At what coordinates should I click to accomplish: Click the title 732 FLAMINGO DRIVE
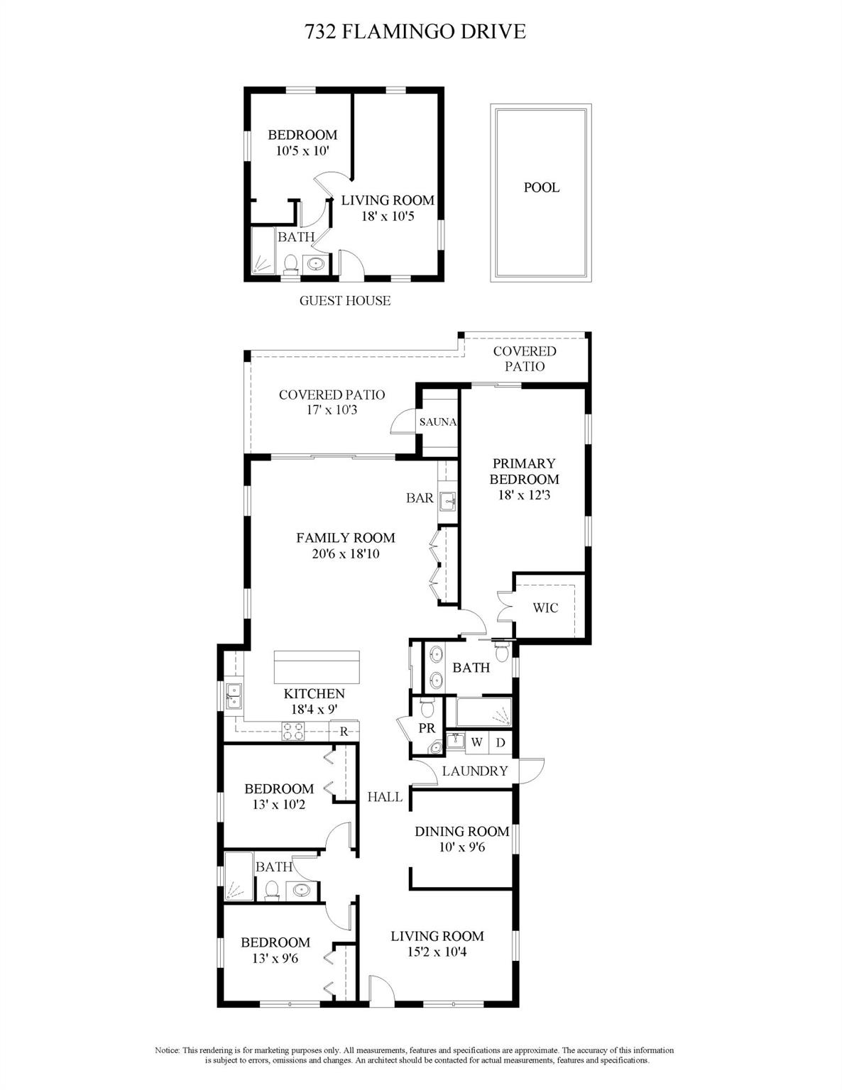[x=415, y=32]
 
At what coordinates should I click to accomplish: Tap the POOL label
[x=542, y=187]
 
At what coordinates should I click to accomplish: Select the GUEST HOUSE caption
[x=345, y=300]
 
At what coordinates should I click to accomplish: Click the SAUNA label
[x=437, y=422]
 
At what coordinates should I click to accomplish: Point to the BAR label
[x=420, y=497]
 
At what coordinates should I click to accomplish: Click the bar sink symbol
[x=447, y=501]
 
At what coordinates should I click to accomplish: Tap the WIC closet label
[x=545, y=607]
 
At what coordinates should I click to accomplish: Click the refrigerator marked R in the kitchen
[x=344, y=732]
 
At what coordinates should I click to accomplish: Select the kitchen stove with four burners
[x=292, y=731]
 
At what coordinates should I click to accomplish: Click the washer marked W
[x=477, y=742]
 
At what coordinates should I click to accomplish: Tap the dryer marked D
[x=501, y=742]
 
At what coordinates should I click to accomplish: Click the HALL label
[x=385, y=796]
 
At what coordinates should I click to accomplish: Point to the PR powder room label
[x=427, y=728]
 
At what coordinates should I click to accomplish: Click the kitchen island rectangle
[x=317, y=666]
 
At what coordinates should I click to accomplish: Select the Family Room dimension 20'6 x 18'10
[x=345, y=554]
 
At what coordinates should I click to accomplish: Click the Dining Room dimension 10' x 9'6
[x=461, y=847]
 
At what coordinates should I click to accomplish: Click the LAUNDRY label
[x=475, y=771]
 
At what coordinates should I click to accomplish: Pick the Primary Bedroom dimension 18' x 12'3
[x=525, y=495]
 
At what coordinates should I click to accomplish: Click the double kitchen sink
[x=234, y=695]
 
